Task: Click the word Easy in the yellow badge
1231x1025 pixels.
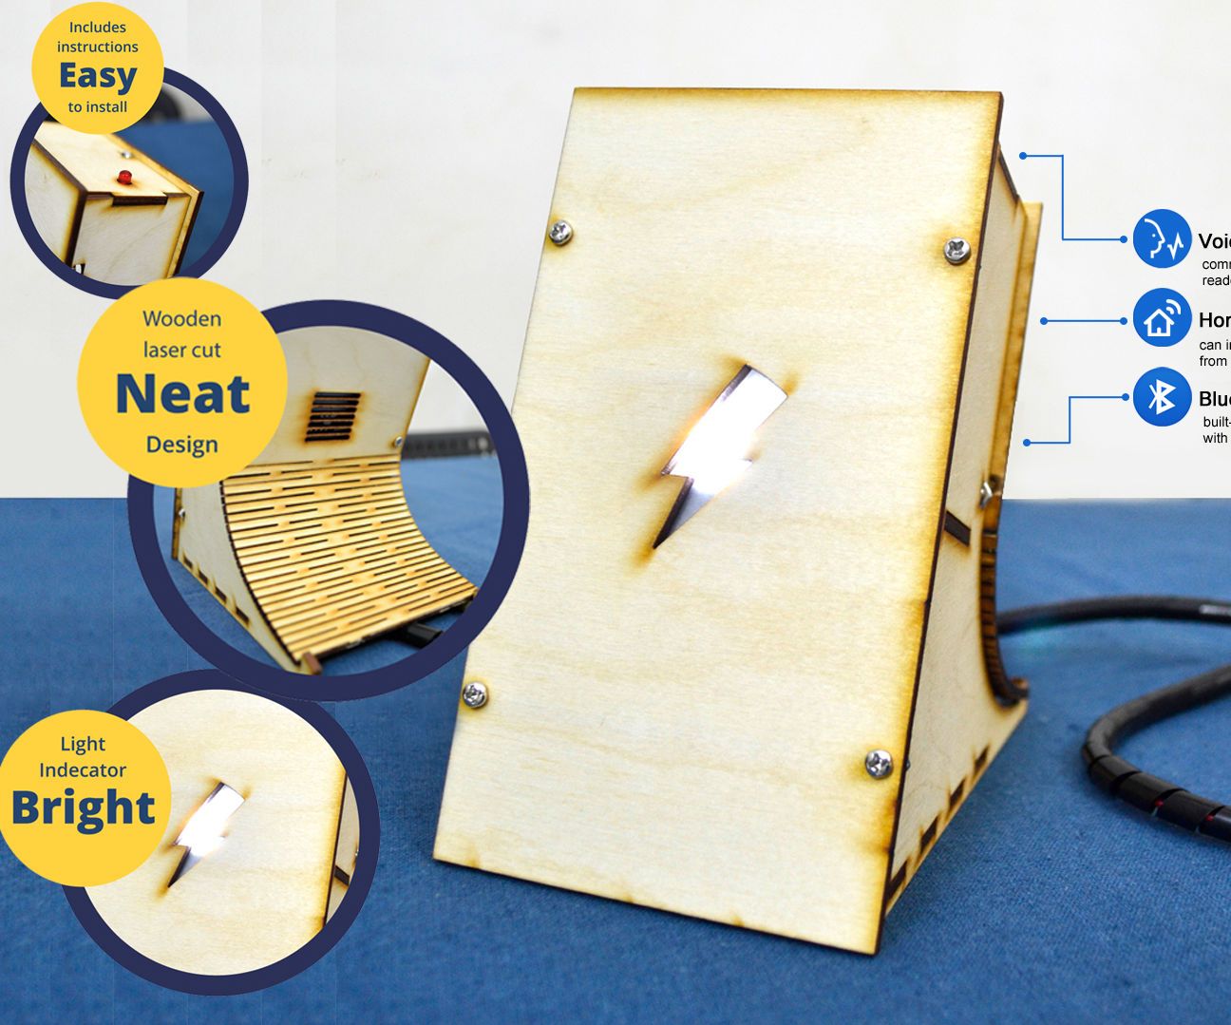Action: [x=98, y=76]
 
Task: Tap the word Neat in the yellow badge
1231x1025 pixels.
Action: [x=182, y=394]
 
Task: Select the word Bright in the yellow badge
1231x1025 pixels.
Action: [x=83, y=808]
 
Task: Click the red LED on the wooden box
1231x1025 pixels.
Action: [x=123, y=177]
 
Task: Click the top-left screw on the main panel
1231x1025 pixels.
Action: [x=559, y=230]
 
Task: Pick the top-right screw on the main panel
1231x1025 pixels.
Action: [x=956, y=249]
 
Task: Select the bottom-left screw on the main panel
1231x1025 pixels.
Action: [x=475, y=695]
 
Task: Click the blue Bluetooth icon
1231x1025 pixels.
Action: [x=1161, y=397]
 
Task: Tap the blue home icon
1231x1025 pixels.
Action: [x=1161, y=319]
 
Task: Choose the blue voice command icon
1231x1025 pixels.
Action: [x=1161, y=239]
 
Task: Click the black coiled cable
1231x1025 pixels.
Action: [x=1140, y=779]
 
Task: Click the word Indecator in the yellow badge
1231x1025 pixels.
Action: [x=83, y=770]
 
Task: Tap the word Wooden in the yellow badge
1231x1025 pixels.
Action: [x=182, y=319]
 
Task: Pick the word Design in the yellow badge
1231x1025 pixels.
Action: [x=182, y=445]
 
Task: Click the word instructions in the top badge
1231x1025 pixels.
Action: [x=98, y=47]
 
